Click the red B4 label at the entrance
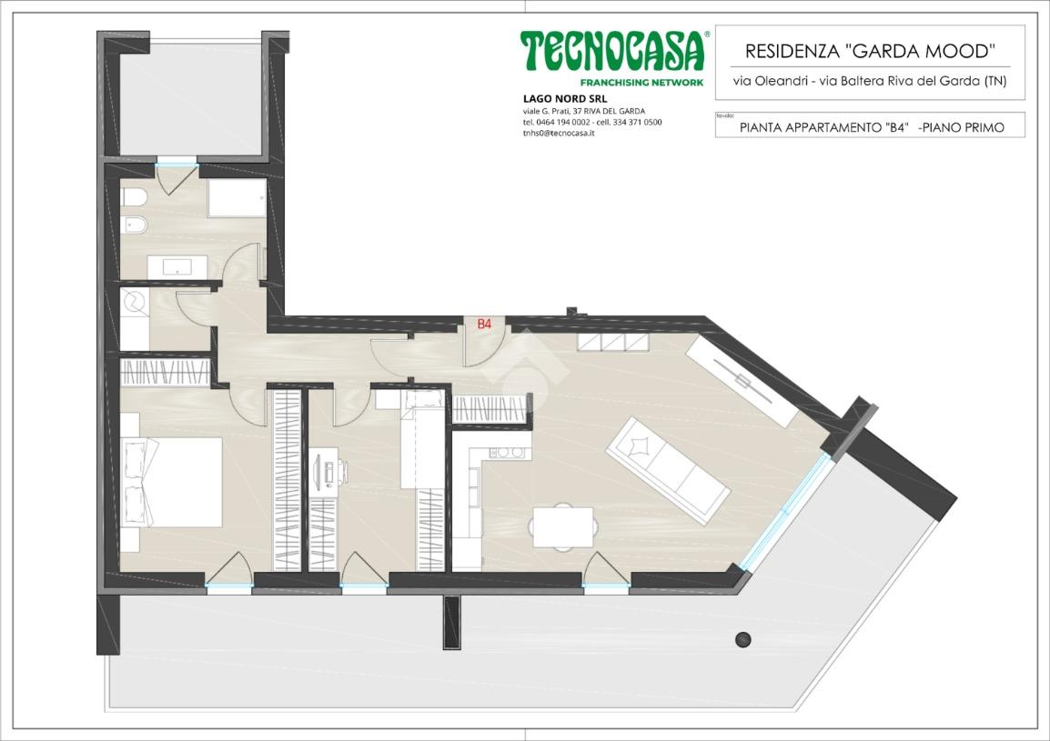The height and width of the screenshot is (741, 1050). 484,324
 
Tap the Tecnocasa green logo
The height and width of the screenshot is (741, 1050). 613,51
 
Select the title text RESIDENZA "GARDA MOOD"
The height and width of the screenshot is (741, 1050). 870,51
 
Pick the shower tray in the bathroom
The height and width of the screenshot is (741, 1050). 237,197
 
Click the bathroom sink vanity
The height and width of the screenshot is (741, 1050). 177,266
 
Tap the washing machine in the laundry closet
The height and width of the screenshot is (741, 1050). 135,303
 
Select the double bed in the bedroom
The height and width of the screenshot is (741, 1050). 172,482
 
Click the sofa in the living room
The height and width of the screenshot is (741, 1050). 668,471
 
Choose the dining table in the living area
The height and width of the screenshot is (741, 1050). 563,526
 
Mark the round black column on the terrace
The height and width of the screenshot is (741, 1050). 743,639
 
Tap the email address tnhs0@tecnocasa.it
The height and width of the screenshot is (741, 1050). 559,134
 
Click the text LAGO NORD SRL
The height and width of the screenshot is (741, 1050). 556,99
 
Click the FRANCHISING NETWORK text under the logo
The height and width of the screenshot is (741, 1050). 641,83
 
